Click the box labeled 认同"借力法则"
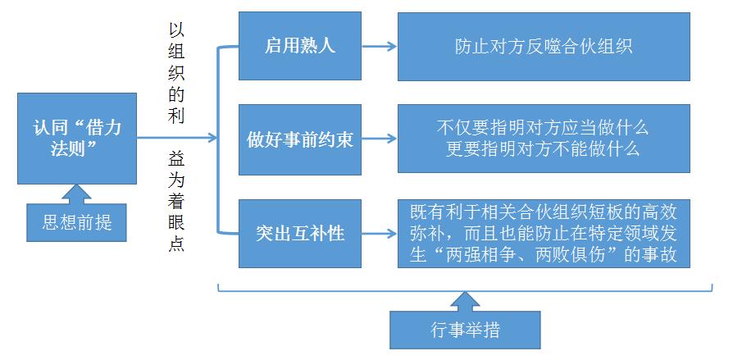point(76,138)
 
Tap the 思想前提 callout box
point(76,221)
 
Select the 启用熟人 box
point(299,46)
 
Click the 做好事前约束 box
point(299,139)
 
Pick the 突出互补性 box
point(299,234)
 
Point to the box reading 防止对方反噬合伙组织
point(544,46)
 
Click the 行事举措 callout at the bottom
point(465,330)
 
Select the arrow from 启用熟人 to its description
point(379,46)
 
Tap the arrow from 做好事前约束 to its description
point(379,139)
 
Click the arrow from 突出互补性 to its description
point(379,234)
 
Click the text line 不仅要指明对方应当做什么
point(544,128)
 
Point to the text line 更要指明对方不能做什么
point(544,150)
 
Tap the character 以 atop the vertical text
point(175,30)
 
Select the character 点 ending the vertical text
point(175,244)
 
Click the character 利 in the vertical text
point(175,116)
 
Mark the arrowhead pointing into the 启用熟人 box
point(232,47)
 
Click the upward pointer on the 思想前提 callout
point(76,194)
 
